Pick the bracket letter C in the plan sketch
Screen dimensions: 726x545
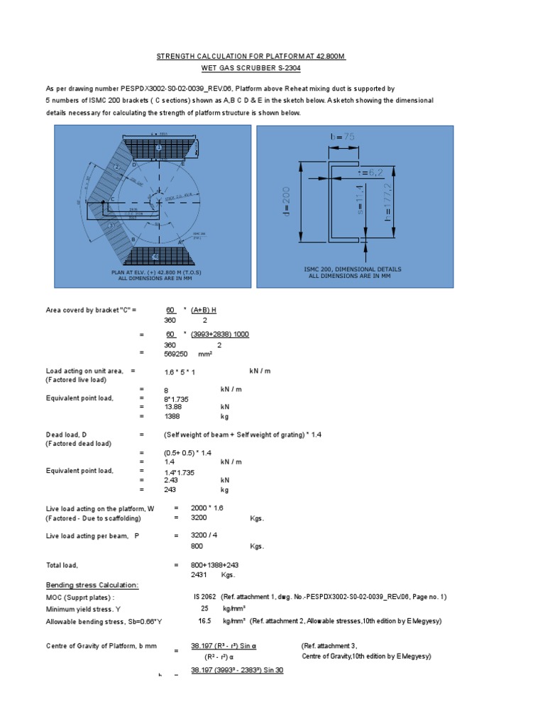[x=111, y=200]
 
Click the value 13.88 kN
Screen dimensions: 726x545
[x=173, y=407]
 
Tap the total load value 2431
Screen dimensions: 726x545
[x=201, y=574]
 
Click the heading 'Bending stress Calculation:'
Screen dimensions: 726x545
[x=92, y=585]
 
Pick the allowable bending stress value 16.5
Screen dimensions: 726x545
[x=206, y=620]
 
